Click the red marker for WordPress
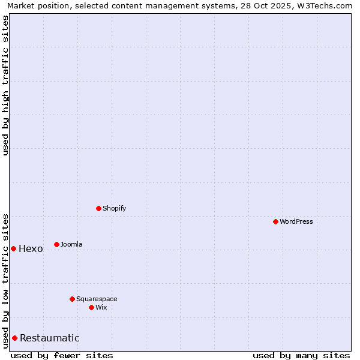(275, 221)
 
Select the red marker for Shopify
(98, 208)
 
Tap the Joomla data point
(56, 244)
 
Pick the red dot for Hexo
(13, 248)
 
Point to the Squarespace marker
(72, 299)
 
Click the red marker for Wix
(91, 307)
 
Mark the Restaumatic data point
(14, 338)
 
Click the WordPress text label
(296, 221)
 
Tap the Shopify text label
(115, 208)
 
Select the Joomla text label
(71, 244)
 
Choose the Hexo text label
(31, 249)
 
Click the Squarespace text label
(97, 299)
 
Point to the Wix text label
(101, 307)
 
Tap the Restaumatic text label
(50, 338)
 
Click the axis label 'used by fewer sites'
(62, 355)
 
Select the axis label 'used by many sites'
(301, 355)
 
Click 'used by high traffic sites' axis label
(5, 85)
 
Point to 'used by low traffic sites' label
(5, 281)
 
